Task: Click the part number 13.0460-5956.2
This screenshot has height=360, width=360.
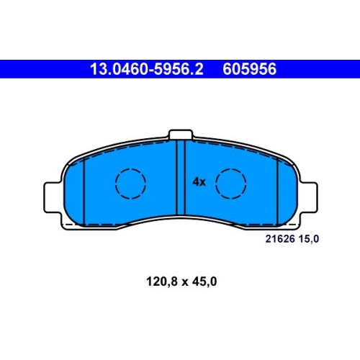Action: [147, 69]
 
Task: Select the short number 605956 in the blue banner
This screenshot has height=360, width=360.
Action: [249, 69]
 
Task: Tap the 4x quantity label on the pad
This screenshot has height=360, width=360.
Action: [199, 182]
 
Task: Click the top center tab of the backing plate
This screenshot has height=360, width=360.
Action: [181, 135]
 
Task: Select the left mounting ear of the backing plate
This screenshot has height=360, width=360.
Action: [53, 197]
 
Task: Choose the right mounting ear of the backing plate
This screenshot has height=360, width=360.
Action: [308, 197]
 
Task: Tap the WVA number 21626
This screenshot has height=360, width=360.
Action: [280, 239]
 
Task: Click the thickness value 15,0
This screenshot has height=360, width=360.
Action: [309, 239]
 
